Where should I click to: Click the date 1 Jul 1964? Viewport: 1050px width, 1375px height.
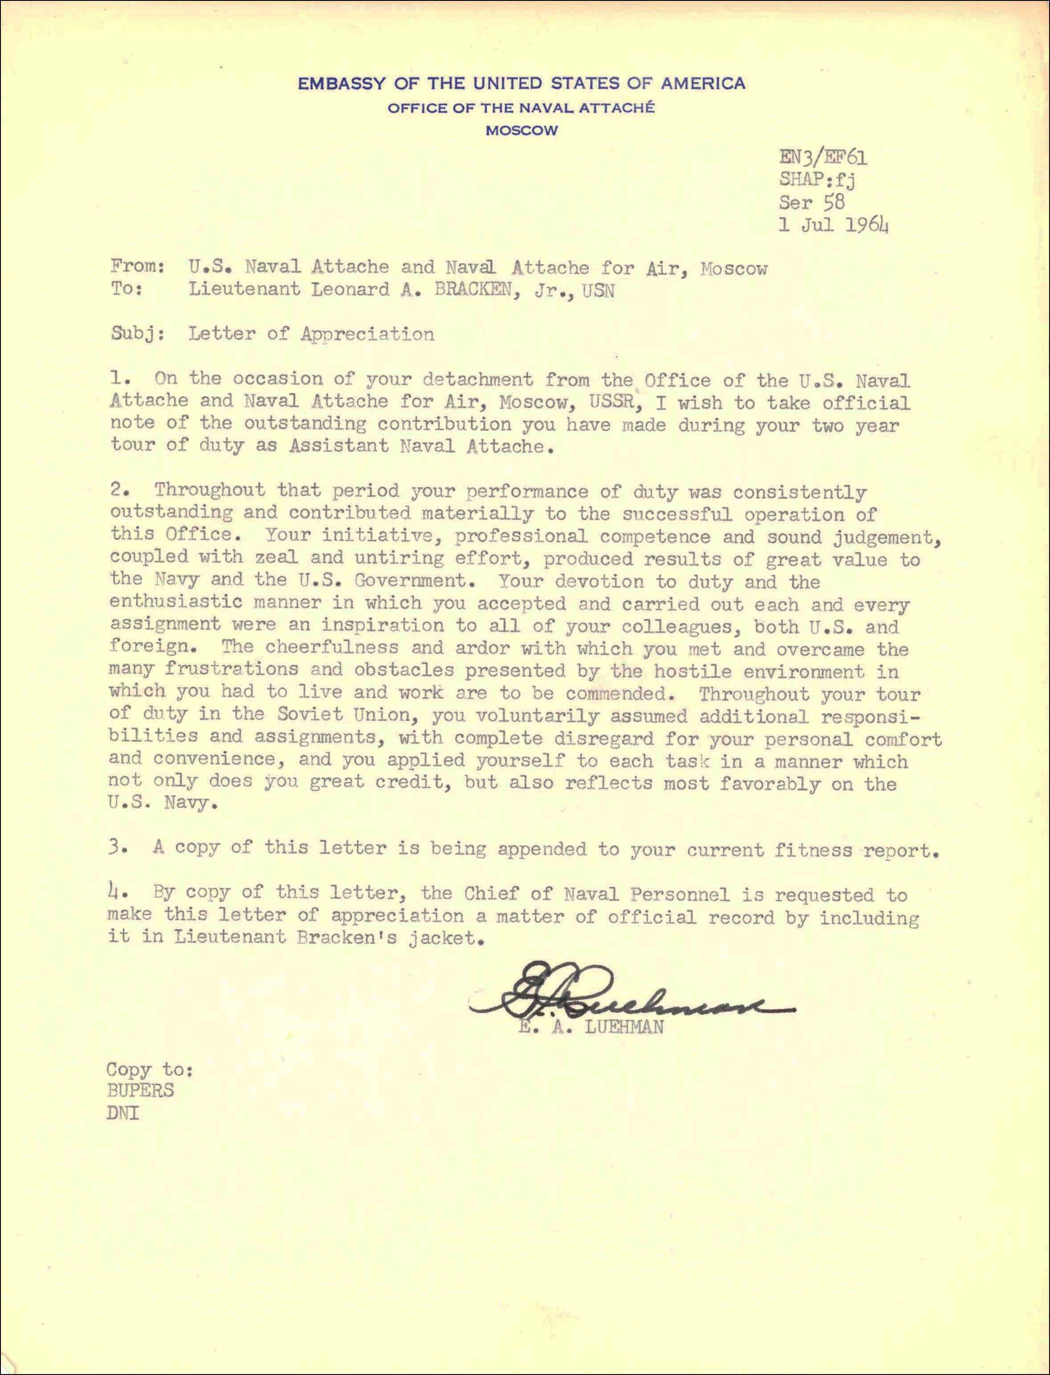point(833,225)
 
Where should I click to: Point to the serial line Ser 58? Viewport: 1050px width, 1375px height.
point(811,202)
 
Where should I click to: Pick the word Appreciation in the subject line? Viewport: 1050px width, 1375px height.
point(367,335)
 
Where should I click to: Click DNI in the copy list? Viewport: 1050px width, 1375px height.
point(123,1113)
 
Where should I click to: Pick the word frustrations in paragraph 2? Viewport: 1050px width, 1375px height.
point(231,669)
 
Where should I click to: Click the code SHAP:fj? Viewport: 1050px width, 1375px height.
point(816,180)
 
